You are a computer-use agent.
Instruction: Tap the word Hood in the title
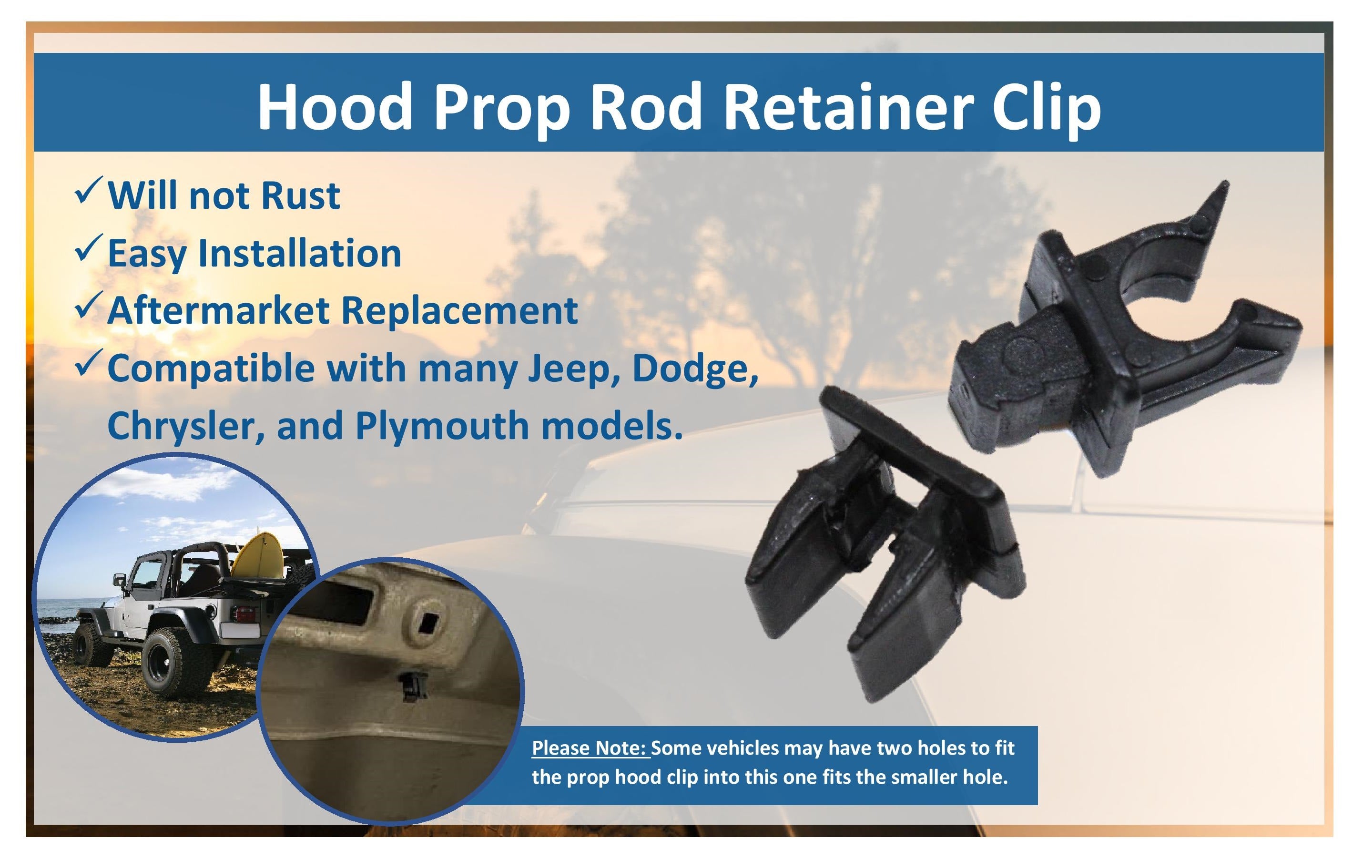335,106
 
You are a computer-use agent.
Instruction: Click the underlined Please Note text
591,748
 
